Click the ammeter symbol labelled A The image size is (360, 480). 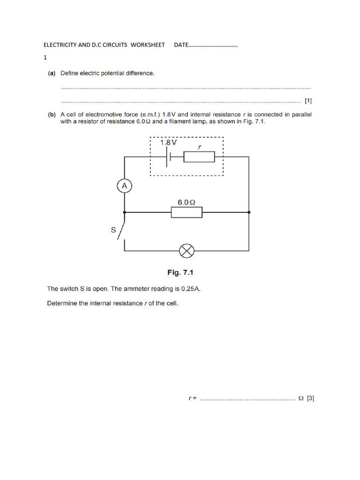point(124,186)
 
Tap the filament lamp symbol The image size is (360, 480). point(187,251)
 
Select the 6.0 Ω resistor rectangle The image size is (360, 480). point(187,212)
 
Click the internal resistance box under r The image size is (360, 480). point(199,157)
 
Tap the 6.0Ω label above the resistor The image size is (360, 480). point(186,202)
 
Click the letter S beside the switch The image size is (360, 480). point(113,230)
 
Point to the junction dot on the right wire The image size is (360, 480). point(249,212)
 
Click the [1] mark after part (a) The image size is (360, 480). point(308,100)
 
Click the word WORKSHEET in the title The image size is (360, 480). point(148,45)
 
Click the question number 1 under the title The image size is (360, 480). point(45,58)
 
